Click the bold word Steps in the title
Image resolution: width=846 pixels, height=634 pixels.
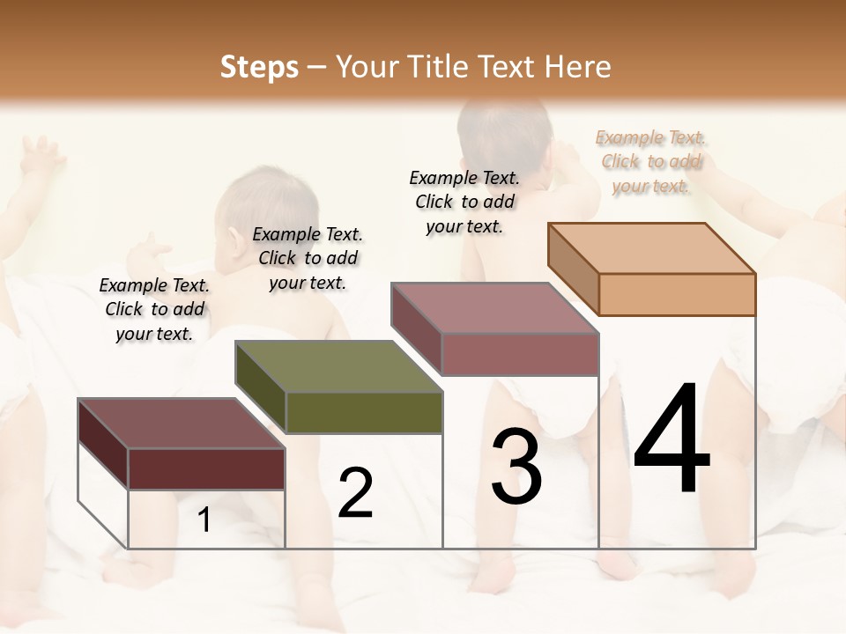point(259,67)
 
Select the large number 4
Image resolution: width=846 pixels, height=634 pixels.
point(672,440)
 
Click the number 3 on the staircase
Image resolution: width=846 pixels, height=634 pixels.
point(516,467)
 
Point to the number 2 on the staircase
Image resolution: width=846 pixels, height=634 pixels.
point(355,493)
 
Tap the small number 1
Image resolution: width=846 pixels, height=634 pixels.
point(204,520)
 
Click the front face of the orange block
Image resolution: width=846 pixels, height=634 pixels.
point(677,294)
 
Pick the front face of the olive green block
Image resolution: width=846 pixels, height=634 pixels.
point(364,412)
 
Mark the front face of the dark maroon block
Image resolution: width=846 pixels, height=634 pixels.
point(206,468)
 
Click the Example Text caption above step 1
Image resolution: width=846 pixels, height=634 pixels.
point(154,309)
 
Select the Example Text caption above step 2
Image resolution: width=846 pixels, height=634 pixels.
point(308,258)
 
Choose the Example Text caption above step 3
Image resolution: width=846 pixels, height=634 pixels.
point(464,202)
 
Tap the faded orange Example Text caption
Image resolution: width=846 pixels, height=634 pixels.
point(651,161)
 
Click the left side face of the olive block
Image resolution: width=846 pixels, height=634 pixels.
point(261,387)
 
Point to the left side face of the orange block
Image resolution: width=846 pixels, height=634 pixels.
point(574,269)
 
